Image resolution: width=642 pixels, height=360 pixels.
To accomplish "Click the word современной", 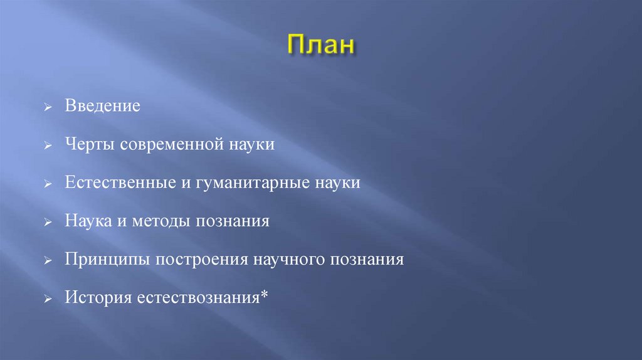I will coord(166,144).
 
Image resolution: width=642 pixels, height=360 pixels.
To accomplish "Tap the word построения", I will coord(202,260).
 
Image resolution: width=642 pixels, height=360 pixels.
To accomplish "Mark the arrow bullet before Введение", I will coord(48,107).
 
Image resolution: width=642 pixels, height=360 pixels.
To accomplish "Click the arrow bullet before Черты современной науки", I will coord(48,146).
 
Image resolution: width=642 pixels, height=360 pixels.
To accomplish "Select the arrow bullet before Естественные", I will coord(48,184).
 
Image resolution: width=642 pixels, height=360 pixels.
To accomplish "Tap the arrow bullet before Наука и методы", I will coord(48,223).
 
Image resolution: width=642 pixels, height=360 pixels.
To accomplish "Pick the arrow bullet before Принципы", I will coord(48,262).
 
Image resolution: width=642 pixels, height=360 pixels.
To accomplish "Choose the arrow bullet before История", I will coord(48,300).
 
